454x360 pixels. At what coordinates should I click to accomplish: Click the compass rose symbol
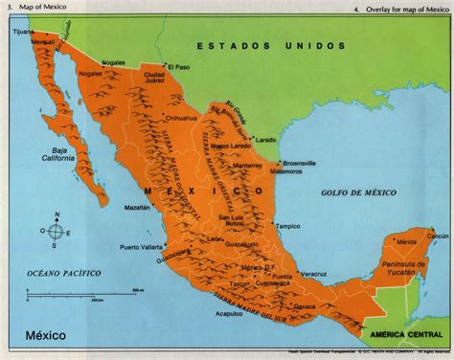coord(57,230)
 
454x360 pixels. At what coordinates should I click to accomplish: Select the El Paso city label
coord(179,66)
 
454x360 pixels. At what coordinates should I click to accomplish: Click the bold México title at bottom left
coord(38,338)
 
